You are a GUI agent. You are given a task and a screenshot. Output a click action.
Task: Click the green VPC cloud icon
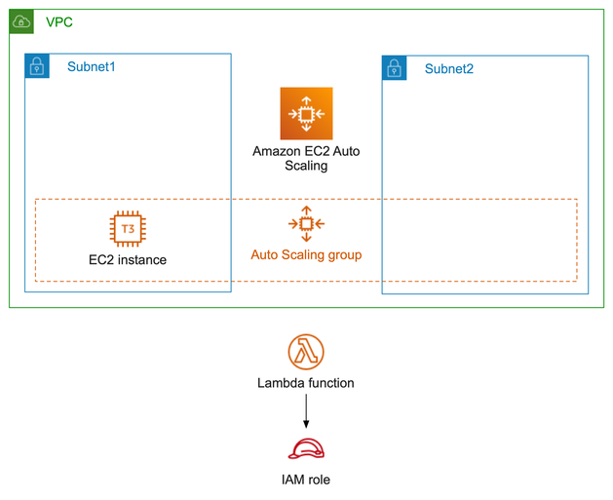click(x=21, y=21)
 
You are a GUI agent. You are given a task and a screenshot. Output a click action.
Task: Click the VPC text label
click(x=58, y=21)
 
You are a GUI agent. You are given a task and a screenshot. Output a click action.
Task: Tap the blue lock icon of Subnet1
click(x=37, y=66)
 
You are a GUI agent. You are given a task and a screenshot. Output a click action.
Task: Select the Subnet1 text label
click(x=92, y=66)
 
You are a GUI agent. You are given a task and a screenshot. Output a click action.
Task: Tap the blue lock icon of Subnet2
click(x=395, y=68)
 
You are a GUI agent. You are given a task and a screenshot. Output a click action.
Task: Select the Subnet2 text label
click(x=449, y=69)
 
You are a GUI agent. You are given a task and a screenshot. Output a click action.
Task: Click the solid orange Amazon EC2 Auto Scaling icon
click(x=306, y=113)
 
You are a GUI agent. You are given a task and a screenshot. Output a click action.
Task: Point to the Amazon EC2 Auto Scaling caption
click(x=306, y=158)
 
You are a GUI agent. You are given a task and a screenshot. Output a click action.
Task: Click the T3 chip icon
click(x=128, y=229)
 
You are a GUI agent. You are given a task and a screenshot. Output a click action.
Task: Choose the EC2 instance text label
click(x=128, y=260)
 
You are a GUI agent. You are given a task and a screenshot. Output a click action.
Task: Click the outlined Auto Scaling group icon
click(x=306, y=224)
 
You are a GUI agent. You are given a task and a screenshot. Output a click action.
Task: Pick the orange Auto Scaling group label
click(x=306, y=254)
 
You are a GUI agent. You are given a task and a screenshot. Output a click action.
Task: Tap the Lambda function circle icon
click(x=306, y=352)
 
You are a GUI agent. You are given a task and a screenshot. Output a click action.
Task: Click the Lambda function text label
click(x=306, y=383)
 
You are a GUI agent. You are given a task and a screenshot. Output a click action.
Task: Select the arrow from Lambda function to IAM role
click(x=306, y=410)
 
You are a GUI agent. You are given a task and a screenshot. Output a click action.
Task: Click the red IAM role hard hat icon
click(x=306, y=449)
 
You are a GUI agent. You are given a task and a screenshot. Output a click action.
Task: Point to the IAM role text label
click(x=306, y=480)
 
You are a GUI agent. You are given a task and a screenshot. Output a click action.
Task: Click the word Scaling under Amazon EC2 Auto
click(x=306, y=166)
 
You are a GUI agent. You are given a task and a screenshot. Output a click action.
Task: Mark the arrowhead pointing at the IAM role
click(x=306, y=425)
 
